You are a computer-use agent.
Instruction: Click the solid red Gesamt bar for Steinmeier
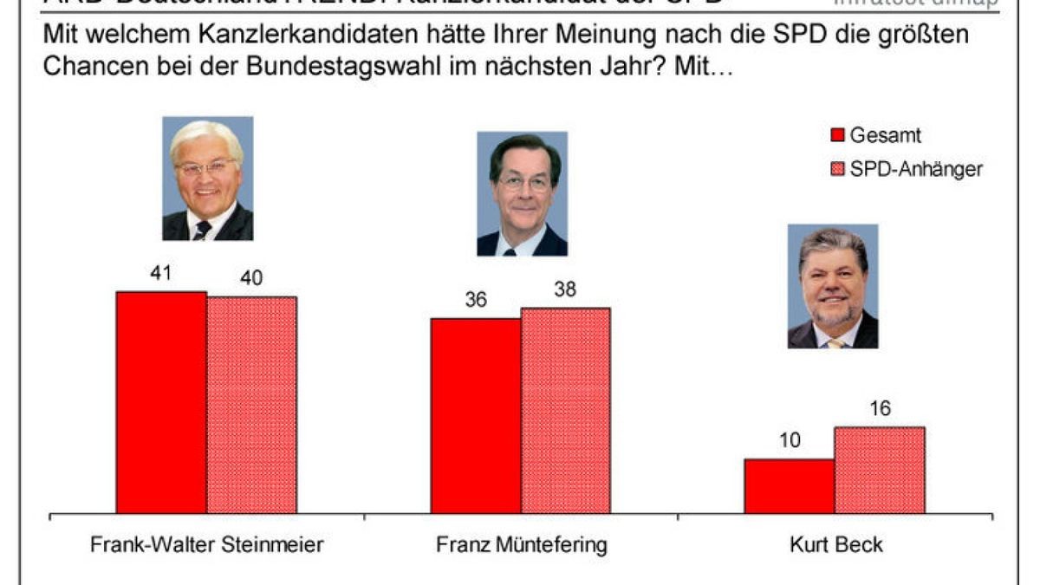tap(161, 403)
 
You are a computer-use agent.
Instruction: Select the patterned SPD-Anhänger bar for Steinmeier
tap(251, 406)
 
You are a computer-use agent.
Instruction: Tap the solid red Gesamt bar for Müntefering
tap(476, 416)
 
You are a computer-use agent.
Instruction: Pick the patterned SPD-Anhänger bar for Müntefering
tap(565, 411)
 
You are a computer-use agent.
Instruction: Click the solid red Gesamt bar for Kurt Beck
tap(789, 486)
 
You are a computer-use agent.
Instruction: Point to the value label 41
tap(161, 273)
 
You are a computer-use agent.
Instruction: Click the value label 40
tap(251, 278)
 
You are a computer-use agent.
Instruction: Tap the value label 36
tap(476, 300)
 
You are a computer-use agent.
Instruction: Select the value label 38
tap(565, 290)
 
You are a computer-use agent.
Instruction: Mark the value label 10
tap(789, 440)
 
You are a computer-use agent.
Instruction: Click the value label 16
tap(879, 409)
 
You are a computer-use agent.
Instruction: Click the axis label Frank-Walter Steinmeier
tap(207, 545)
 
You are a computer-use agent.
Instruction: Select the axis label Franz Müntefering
tap(521, 545)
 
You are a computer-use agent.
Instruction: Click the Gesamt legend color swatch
tap(837, 136)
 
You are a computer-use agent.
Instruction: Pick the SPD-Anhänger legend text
tap(916, 169)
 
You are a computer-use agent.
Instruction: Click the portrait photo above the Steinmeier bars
tap(207, 179)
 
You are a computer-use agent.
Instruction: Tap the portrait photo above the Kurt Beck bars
tap(832, 286)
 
